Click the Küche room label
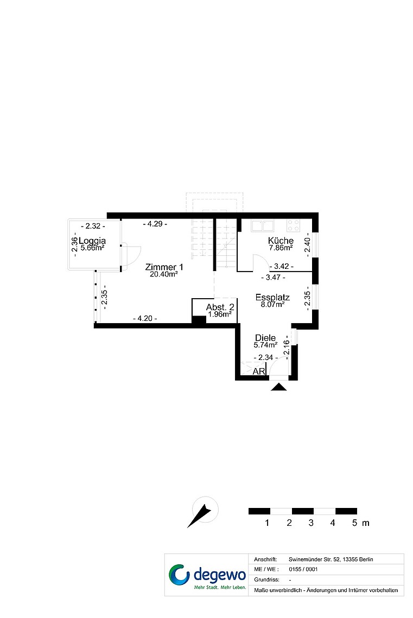pyautogui.click(x=281, y=240)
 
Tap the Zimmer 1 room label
pyautogui.click(x=164, y=267)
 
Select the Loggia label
pyautogui.click(x=92, y=240)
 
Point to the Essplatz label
pyautogui.click(x=272, y=298)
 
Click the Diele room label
pyautogui.click(x=265, y=338)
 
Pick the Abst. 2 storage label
pyautogui.click(x=220, y=307)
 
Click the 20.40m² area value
pyautogui.click(x=164, y=274)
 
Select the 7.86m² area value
pyautogui.click(x=281, y=248)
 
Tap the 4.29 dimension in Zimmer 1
pyautogui.click(x=155, y=224)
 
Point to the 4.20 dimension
pyautogui.click(x=145, y=318)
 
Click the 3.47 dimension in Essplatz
pyautogui.click(x=274, y=278)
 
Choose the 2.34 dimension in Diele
pyautogui.click(x=265, y=357)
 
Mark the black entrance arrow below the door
pyautogui.click(x=279, y=387)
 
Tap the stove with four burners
pyautogui.click(x=294, y=226)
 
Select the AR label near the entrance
pyautogui.click(x=259, y=371)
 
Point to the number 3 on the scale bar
pyautogui.click(x=311, y=523)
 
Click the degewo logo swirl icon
pyautogui.click(x=179, y=575)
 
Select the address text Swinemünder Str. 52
pyautogui.click(x=315, y=559)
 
